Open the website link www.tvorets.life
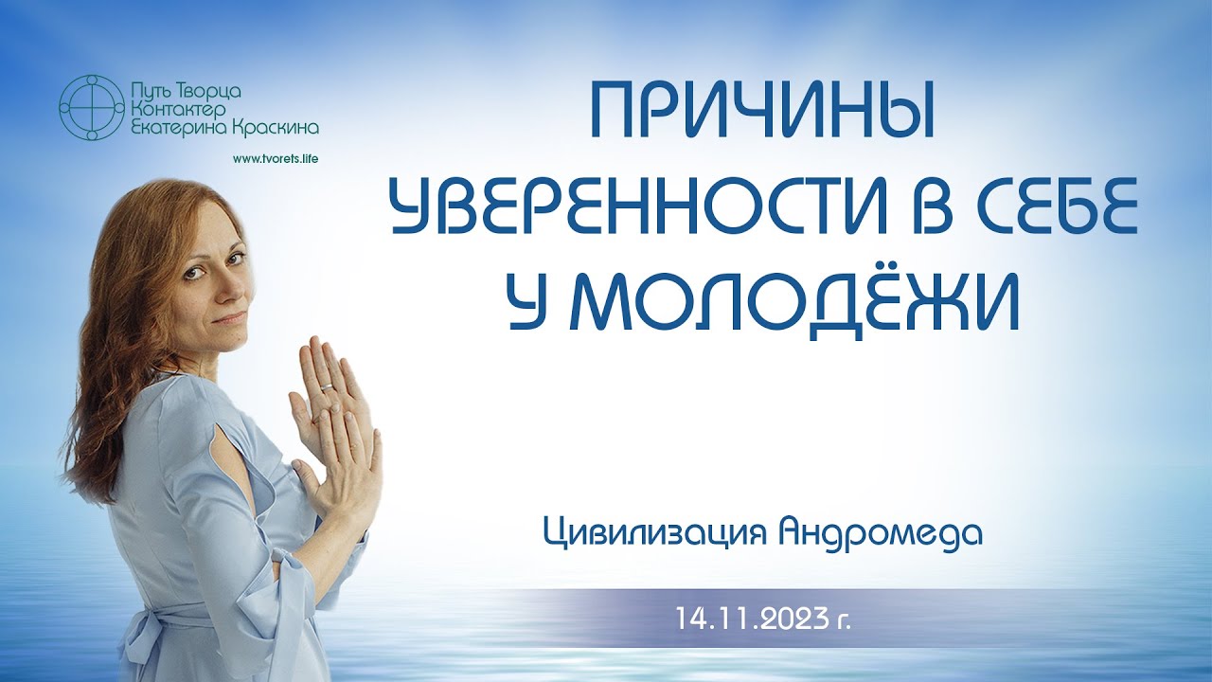[275, 158]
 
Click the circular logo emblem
[92, 107]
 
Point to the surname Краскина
[274, 126]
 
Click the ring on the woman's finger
[326, 386]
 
